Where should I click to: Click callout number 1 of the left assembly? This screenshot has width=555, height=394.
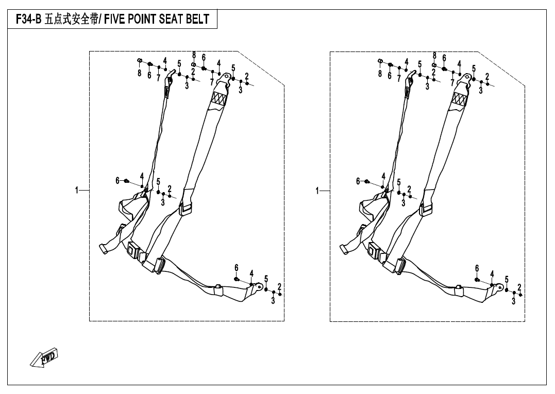77,191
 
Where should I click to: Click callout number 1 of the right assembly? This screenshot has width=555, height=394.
317,191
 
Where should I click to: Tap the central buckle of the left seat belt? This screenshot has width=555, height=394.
134,252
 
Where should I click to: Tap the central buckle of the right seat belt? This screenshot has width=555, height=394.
375,252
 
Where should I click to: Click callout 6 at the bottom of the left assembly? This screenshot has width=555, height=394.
237,268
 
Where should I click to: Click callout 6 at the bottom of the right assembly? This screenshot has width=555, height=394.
477,268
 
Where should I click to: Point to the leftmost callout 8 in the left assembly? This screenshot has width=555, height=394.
139,74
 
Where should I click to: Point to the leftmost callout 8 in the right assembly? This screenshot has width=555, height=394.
380,74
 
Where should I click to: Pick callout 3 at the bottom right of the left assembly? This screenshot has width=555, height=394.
273,301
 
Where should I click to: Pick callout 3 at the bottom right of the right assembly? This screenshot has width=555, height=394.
514,301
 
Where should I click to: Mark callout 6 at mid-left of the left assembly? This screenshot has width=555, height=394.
117,180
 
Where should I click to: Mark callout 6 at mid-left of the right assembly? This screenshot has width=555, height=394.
358,181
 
